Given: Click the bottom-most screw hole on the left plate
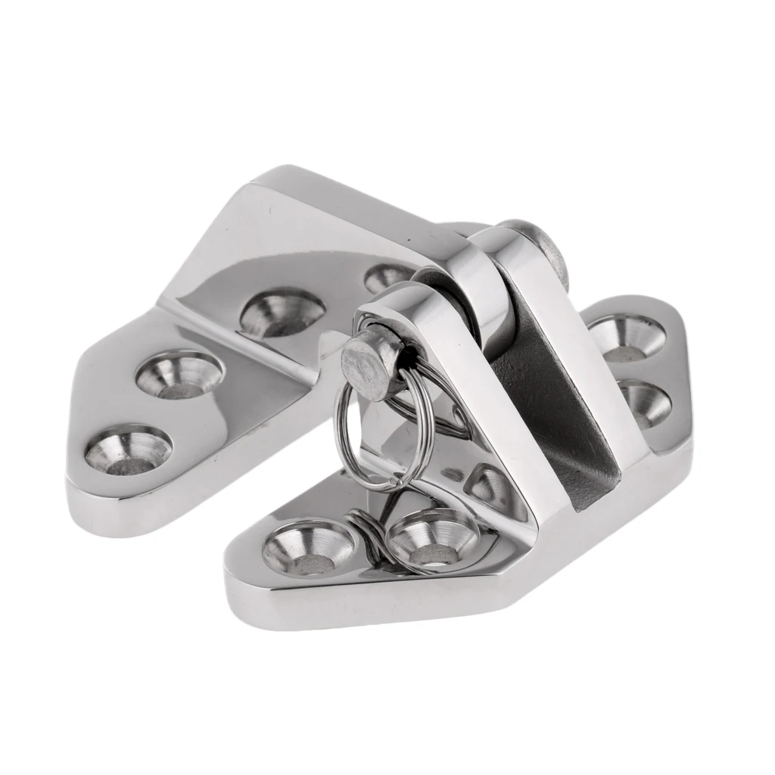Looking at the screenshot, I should pos(128,450).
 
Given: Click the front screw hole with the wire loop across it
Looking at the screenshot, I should pos(431,539).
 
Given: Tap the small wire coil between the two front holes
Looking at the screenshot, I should pos(368,530).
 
